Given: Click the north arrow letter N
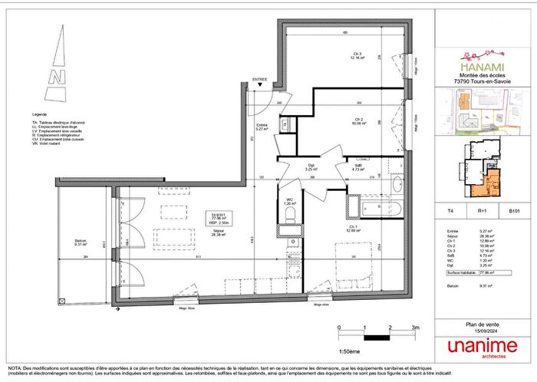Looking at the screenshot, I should point(54,76).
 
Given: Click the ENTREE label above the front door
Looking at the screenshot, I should point(261,79).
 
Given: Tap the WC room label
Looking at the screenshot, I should point(290,203).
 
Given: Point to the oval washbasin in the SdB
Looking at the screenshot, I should point(397,184).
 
